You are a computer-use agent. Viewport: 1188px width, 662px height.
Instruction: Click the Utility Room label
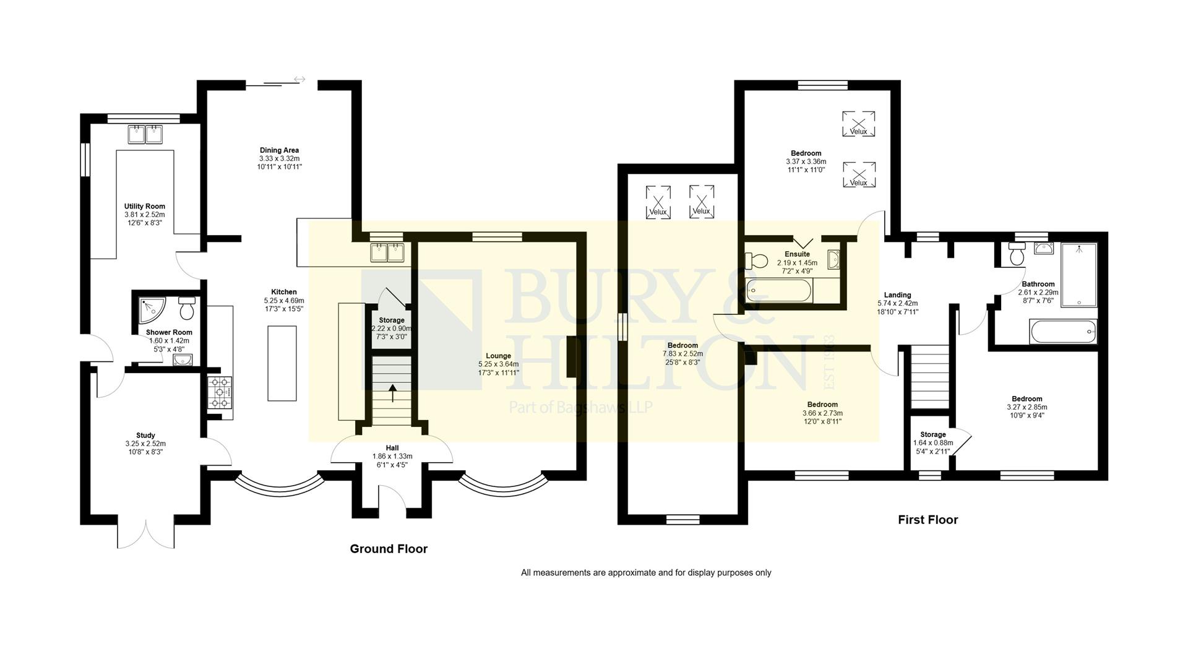pyautogui.click(x=144, y=207)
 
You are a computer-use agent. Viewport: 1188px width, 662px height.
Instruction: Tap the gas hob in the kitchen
pyautogui.click(x=220, y=392)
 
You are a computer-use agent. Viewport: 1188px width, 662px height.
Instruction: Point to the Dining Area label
pyautogui.click(x=279, y=150)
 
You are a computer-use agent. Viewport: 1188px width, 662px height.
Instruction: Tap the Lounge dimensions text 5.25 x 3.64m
pyautogui.click(x=498, y=364)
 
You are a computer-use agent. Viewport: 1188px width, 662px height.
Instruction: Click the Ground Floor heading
pyautogui.click(x=389, y=549)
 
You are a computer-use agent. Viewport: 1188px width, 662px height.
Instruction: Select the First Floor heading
pyautogui.click(x=928, y=520)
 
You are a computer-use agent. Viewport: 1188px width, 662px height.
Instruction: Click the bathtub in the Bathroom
pyautogui.click(x=1063, y=332)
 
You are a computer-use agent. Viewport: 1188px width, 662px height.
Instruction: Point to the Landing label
pyautogui.click(x=897, y=295)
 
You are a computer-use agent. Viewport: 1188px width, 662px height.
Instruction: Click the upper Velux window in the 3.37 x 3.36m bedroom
pyautogui.click(x=858, y=123)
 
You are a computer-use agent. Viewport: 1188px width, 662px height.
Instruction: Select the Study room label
pyautogui.click(x=145, y=436)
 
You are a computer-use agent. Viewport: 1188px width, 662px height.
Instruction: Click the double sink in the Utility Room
pyautogui.click(x=145, y=134)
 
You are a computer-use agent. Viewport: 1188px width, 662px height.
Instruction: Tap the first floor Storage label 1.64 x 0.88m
pyautogui.click(x=932, y=435)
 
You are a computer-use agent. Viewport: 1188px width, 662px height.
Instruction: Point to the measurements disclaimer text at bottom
pyautogui.click(x=646, y=573)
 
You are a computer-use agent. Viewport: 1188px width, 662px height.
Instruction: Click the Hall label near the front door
pyautogui.click(x=392, y=448)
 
